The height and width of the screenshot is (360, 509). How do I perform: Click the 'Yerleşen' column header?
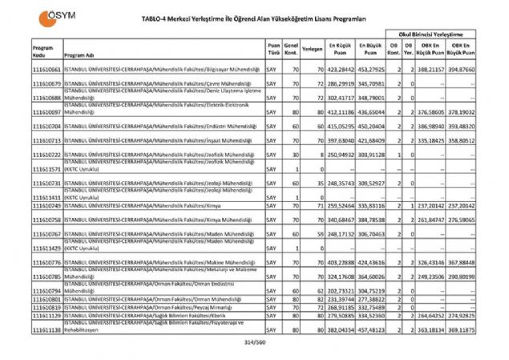(312, 48)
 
